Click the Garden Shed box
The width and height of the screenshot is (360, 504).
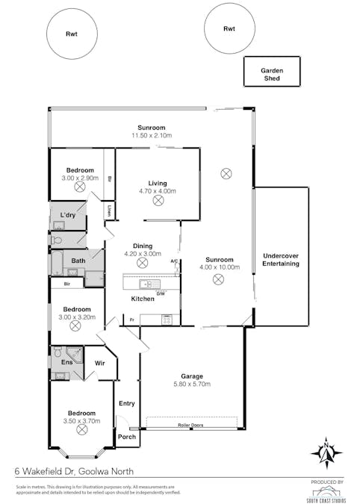(271, 73)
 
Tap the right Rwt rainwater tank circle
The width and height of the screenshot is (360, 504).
(229, 29)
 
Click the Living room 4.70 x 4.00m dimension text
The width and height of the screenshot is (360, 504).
(157, 191)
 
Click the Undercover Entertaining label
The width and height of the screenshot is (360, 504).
(281, 260)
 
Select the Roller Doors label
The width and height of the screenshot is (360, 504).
(190, 426)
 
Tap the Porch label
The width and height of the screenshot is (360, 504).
(127, 437)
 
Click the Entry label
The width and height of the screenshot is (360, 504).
(127, 404)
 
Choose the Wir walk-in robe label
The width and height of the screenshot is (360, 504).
(100, 363)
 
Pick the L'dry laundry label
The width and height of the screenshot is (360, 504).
(68, 216)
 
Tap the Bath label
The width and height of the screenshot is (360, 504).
(78, 261)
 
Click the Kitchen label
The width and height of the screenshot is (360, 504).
(143, 299)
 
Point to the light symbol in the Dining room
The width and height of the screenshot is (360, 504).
(142, 263)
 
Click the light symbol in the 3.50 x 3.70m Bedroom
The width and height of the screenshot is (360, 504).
(81, 430)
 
